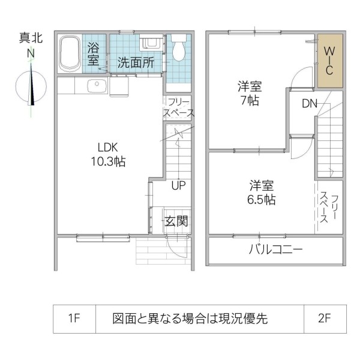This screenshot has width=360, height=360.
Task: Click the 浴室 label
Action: pos(94,53)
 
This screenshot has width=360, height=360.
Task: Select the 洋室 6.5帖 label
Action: pos(262,193)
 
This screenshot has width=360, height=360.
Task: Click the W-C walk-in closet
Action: pos(329,61)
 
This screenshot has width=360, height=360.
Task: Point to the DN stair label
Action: pos(309,103)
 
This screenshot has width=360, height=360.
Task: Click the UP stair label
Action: pos(178,185)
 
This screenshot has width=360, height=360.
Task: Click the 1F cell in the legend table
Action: pos(74,319)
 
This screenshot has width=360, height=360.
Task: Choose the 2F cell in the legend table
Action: pos(325,319)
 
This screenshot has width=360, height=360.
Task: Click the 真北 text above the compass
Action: pos(30,38)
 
